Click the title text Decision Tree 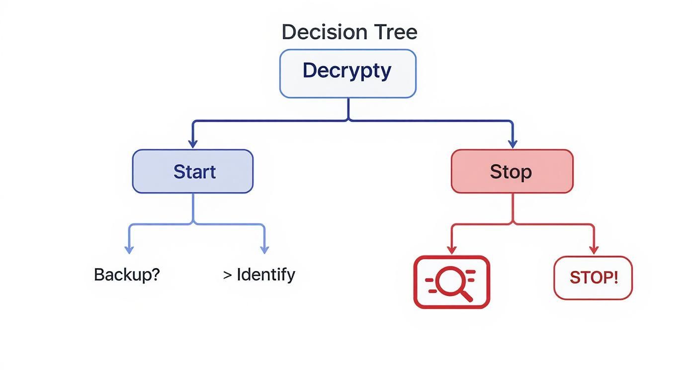pyautogui.click(x=349, y=32)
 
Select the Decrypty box pyautogui.click(x=347, y=73)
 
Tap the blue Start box pyautogui.click(x=193, y=172)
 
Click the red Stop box pyautogui.click(x=512, y=172)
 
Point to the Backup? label pyautogui.click(x=127, y=275)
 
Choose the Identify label pyautogui.click(x=265, y=275)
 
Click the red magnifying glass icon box pyautogui.click(x=451, y=282)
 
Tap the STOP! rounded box pyautogui.click(x=593, y=278)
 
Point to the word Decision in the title pyautogui.click(x=322, y=32)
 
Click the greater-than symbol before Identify pyautogui.click(x=228, y=275)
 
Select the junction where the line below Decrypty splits pyautogui.click(x=348, y=120)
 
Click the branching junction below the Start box pyautogui.click(x=193, y=224)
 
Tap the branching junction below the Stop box pyautogui.click(x=513, y=224)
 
